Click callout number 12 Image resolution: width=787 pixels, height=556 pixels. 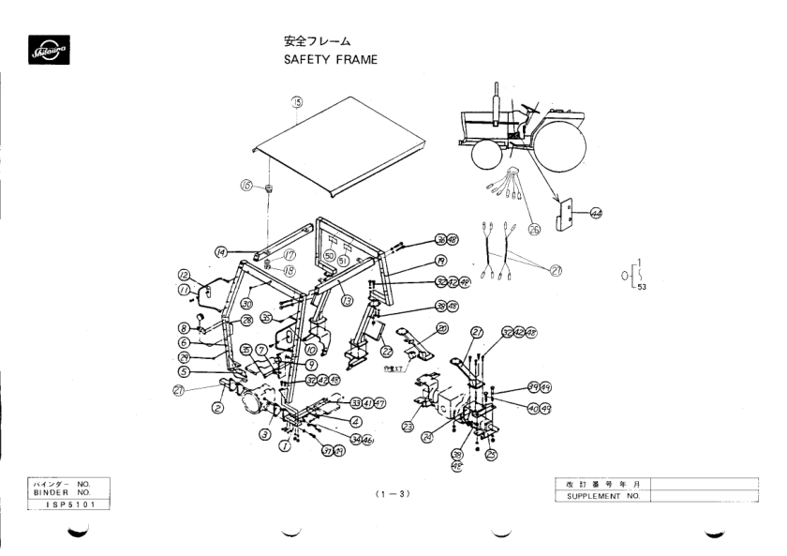185,275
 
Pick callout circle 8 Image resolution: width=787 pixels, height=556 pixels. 185,328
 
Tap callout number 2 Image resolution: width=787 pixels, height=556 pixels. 216,408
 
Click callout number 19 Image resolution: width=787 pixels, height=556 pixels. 414,260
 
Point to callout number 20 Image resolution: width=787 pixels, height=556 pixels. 441,329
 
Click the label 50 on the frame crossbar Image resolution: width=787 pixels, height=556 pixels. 329,256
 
